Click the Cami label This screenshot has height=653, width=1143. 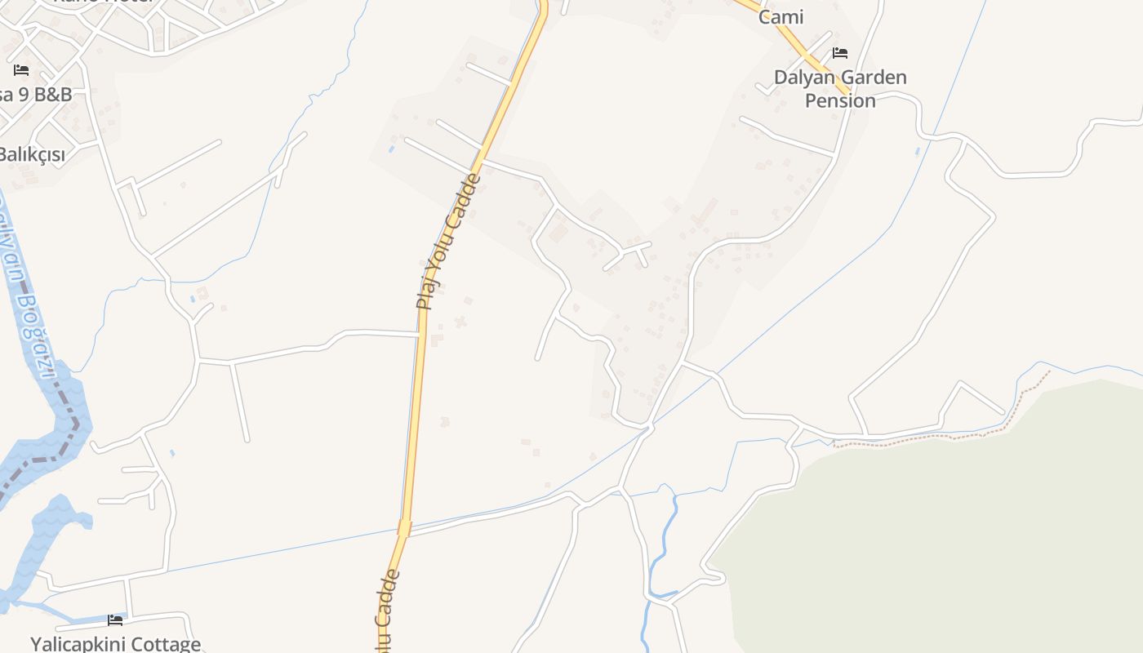pyautogui.click(x=781, y=17)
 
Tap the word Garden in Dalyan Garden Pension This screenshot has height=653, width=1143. pyautogui.click(x=873, y=78)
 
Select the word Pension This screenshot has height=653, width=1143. pyautogui.click(x=840, y=101)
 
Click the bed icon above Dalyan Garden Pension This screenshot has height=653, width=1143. pyautogui.click(x=840, y=54)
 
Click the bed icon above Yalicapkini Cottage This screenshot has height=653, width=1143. pyautogui.click(x=115, y=620)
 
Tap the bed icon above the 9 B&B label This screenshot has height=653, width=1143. pyautogui.click(x=21, y=70)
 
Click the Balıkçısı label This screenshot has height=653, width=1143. pyautogui.click(x=31, y=154)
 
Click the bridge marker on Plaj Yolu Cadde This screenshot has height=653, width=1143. pyautogui.click(x=405, y=528)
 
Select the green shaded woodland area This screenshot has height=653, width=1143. pyautogui.click(x=939, y=539)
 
